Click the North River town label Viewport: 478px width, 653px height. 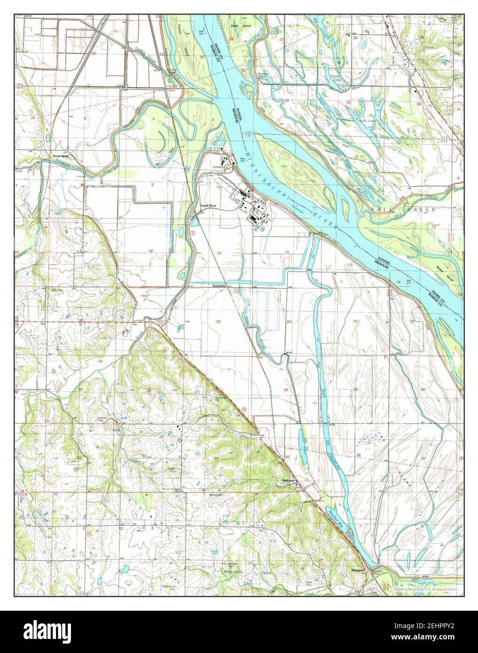[61, 156]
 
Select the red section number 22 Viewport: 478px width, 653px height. [218, 321]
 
